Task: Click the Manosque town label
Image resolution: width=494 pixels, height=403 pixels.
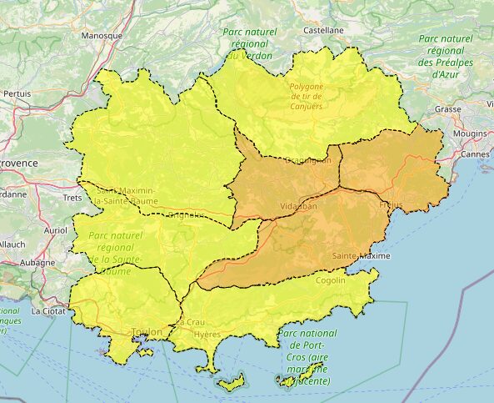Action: pos(102,36)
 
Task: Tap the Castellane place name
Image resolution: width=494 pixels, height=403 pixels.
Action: pos(323,29)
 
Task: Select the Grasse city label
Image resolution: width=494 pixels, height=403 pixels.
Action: pos(447,109)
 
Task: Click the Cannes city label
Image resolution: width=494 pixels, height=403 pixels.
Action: pos(474,154)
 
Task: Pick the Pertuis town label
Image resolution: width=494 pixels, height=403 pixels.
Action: pos(17,93)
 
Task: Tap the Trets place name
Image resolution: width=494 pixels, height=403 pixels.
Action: pos(72,198)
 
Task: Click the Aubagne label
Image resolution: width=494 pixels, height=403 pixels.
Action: pos(37,262)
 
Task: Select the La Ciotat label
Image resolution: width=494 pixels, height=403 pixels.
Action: pos(47,310)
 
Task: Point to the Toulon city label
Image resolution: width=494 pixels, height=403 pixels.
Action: pos(147,331)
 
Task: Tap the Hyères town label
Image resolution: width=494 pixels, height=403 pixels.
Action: pos(207,334)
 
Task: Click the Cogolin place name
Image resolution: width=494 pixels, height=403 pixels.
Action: pos(331,280)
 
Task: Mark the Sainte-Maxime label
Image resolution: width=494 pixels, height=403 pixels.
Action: pos(360,255)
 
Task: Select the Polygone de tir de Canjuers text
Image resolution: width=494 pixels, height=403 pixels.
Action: pos(305,96)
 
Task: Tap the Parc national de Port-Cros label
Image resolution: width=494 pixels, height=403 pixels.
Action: pos(305,357)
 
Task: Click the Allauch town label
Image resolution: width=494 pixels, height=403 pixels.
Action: pos(12,244)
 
